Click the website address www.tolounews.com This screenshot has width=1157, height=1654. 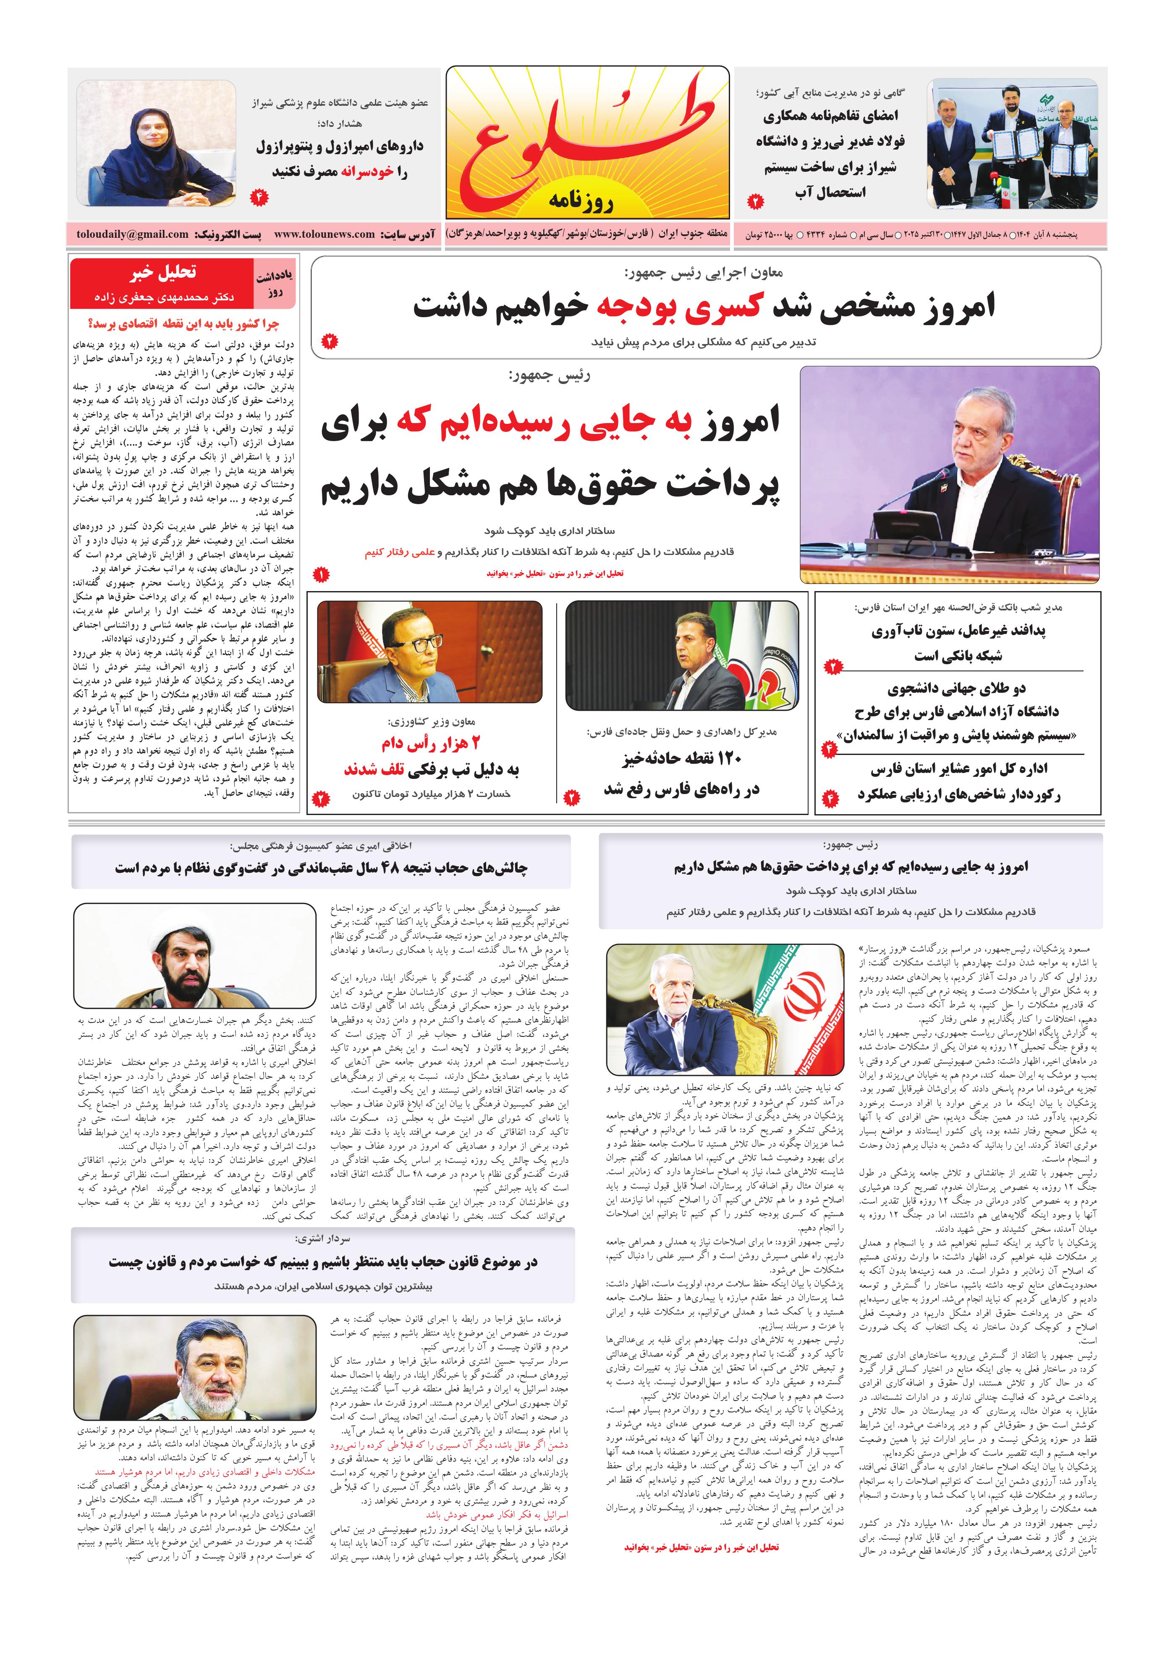[324, 234]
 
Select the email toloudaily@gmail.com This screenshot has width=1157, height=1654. [133, 234]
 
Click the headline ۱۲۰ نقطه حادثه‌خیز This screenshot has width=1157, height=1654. [681, 758]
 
